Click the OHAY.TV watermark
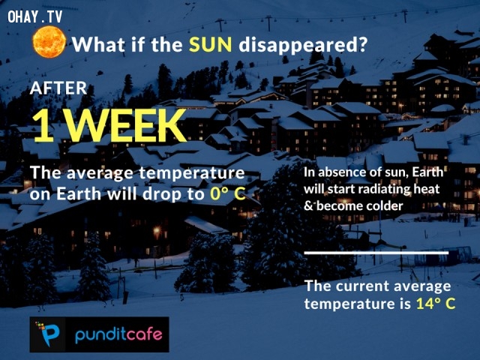click(x=35, y=16)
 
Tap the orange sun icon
click(x=49, y=42)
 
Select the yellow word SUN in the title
click(x=210, y=45)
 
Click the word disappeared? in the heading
click(x=302, y=45)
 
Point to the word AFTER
click(x=58, y=88)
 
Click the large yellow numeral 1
click(x=43, y=125)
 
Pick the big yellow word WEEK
click(x=126, y=125)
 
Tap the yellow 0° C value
click(x=228, y=193)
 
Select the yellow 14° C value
click(x=436, y=303)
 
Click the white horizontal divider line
click(x=376, y=253)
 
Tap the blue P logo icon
click(x=47, y=334)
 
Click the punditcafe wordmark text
click(x=118, y=334)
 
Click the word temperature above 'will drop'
click(x=192, y=173)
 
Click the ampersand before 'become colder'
click(x=308, y=206)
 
